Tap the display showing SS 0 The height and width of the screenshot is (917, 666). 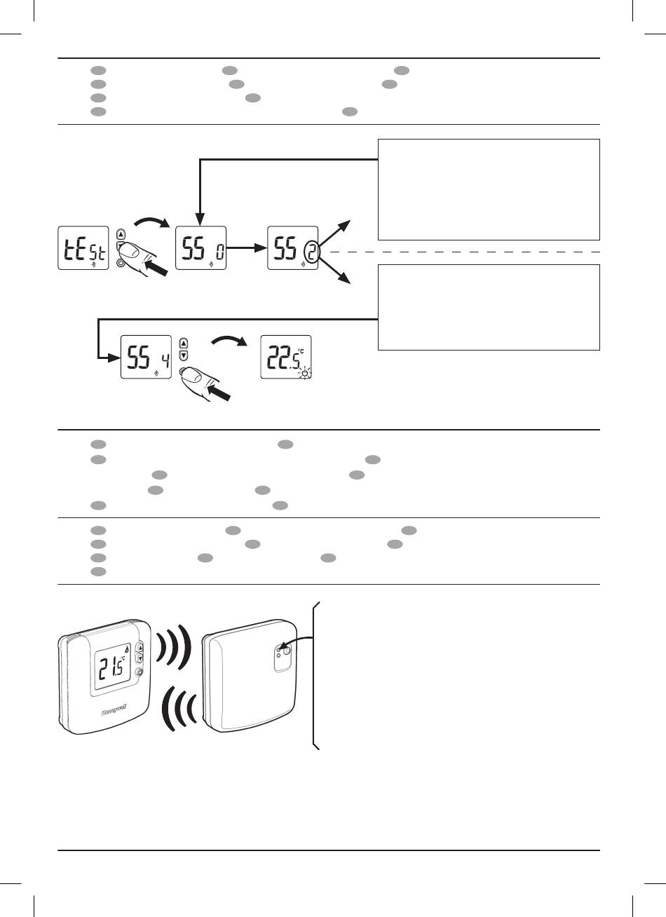point(199,248)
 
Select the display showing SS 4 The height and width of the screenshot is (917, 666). point(146,356)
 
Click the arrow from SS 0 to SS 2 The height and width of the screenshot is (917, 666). point(245,248)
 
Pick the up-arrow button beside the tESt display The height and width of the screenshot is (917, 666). point(121,234)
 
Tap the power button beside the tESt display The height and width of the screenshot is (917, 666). point(121,263)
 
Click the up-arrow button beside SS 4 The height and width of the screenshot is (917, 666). point(184,343)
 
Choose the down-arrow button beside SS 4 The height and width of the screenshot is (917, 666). point(184,355)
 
